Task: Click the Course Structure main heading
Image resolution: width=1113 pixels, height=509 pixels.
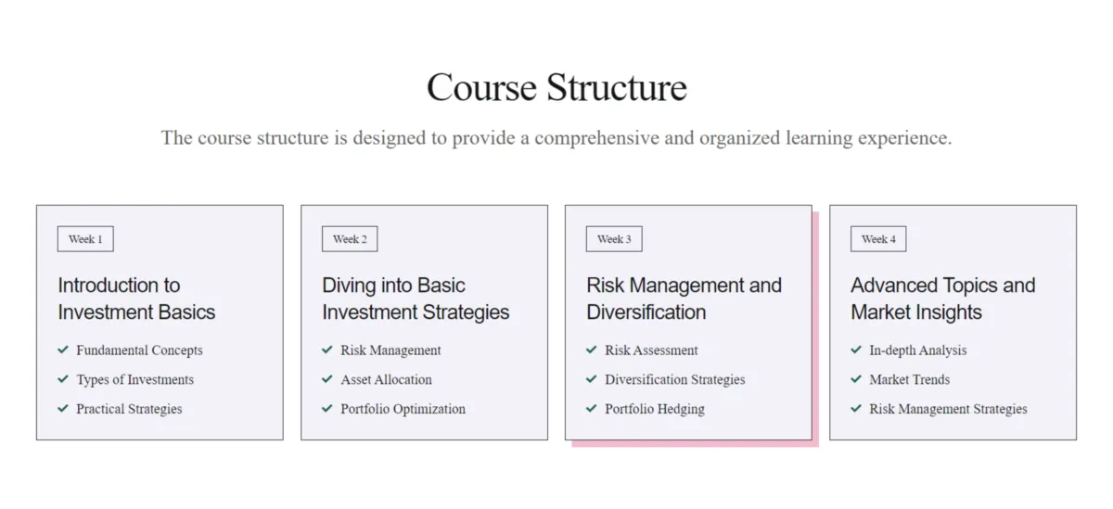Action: point(556,87)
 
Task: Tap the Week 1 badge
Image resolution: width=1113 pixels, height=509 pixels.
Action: point(85,239)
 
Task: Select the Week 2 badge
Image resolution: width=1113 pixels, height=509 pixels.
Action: point(350,239)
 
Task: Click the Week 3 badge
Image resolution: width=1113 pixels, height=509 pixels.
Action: point(614,239)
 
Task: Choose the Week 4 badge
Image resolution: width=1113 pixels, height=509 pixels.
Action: point(878,239)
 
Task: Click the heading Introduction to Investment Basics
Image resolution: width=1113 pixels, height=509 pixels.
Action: point(136,299)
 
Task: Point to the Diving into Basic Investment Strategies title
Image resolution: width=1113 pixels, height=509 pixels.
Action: point(416,299)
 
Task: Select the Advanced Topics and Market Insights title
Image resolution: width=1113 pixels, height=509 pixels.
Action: point(943,299)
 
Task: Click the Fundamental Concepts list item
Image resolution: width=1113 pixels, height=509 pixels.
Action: point(139,350)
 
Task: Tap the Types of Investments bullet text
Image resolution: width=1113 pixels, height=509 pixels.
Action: point(134,379)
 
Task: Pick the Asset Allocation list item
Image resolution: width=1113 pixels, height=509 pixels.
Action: point(386,379)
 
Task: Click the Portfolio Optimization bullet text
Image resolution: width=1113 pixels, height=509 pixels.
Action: point(403,409)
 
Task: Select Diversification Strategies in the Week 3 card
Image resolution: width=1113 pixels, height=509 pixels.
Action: point(675,379)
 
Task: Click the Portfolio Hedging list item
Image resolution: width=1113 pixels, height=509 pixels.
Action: point(655,409)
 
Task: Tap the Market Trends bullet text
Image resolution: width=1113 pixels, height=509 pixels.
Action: point(909,379)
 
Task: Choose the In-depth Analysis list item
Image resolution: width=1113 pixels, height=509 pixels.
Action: point(917,350)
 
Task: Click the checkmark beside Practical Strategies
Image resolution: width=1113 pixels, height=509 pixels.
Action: point(63,408)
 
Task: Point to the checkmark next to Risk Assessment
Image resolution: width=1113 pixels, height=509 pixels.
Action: point(592,350)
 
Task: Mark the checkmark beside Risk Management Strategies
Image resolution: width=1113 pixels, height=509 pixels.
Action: point(855,408)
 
